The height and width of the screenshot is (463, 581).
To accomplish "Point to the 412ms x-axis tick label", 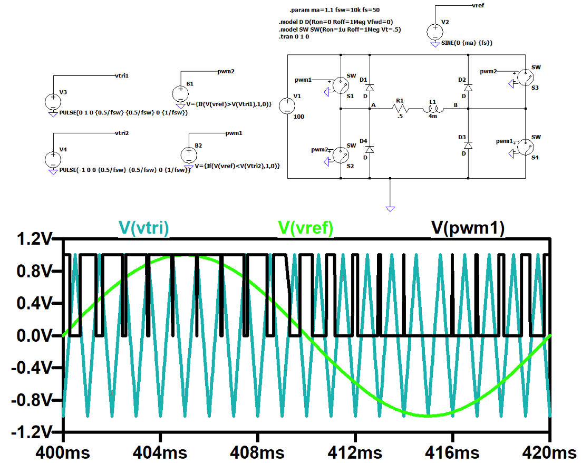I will [x=355, y=452].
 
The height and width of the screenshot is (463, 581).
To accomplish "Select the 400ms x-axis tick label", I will [x=63, y=452].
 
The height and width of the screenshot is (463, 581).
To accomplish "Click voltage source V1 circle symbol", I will [x=287, y=105].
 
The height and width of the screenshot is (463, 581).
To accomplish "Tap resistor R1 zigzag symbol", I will [x=399, y=109].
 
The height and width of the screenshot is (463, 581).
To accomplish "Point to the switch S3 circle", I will [x=525, y=78].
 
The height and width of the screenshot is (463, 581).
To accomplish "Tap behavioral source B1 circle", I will [x=180, y=93].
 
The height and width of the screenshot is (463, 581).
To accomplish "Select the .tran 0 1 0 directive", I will [x=294, y=37].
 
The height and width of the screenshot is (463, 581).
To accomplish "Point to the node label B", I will [x=456, y=105].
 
